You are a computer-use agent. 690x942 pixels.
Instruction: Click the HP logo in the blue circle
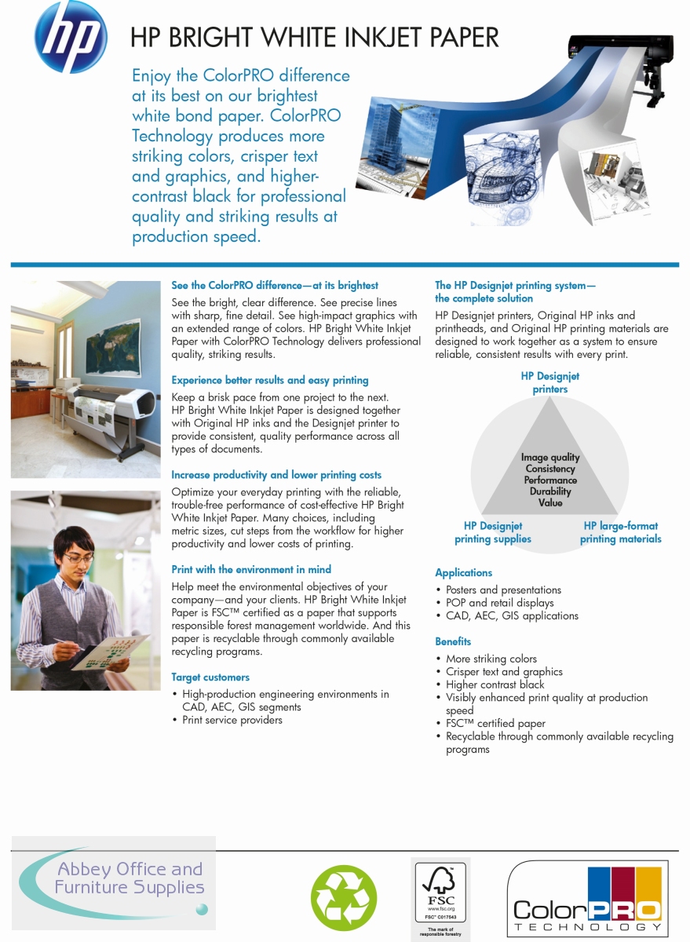(x=71, y=36)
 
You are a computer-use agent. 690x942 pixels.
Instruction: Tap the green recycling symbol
(x=344, y=896)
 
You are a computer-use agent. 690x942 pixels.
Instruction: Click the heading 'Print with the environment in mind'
(x=251, y=569)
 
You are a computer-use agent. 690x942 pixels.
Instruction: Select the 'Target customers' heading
(x=210, y=677)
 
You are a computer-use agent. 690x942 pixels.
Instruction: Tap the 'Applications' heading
(x=464, y=573)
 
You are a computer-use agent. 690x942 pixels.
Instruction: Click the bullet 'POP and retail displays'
(x=499, y=603)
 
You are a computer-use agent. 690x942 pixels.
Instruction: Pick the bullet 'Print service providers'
(x=232, y=720)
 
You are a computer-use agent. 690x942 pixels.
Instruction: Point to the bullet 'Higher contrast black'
(x=495, y=685)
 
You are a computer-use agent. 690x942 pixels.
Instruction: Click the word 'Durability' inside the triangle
(x=550, y=491)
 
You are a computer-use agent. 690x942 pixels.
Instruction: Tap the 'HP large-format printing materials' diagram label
(x=620, y=532)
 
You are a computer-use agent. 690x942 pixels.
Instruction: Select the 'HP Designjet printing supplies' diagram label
(x=493, y=532)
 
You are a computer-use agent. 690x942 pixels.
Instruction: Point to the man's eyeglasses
(x=78, y=558)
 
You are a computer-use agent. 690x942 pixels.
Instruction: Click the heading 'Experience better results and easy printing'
(x=269, y=380)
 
